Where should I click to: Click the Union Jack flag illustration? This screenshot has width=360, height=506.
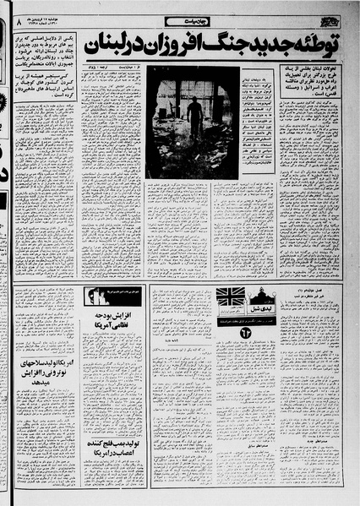coord(231,297)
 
